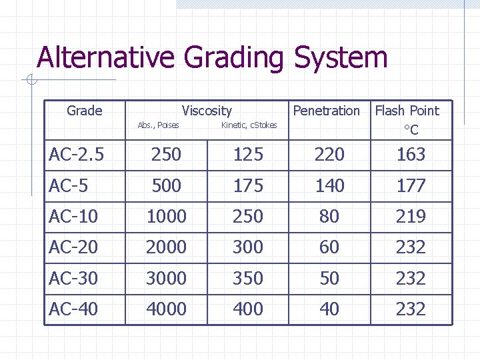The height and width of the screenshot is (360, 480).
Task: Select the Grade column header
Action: [85, 111]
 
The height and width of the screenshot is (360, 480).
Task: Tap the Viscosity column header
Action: [207, 111]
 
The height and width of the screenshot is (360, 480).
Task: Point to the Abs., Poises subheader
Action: [158, 125]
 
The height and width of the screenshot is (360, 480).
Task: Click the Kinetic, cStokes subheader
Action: [248, 125]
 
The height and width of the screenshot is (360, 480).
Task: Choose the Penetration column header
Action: [326, 111]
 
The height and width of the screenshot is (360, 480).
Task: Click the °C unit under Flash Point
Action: [411, 130]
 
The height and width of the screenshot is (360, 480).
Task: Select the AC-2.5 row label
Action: [77, 155]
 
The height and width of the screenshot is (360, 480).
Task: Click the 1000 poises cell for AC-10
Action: [166, 217]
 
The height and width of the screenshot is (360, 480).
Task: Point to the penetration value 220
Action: [329, 155]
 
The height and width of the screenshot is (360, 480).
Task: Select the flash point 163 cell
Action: [411, 155]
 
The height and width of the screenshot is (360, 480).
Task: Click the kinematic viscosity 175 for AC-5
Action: [248, 185]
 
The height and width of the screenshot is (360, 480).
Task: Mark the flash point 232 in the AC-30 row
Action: [411, 278]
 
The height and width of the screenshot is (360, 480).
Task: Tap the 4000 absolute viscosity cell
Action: [166, 309]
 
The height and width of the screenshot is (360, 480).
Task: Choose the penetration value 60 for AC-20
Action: [329, 247]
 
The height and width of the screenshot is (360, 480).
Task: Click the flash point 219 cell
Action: [411, 217]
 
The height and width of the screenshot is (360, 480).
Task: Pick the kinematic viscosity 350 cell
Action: [248, 278]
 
